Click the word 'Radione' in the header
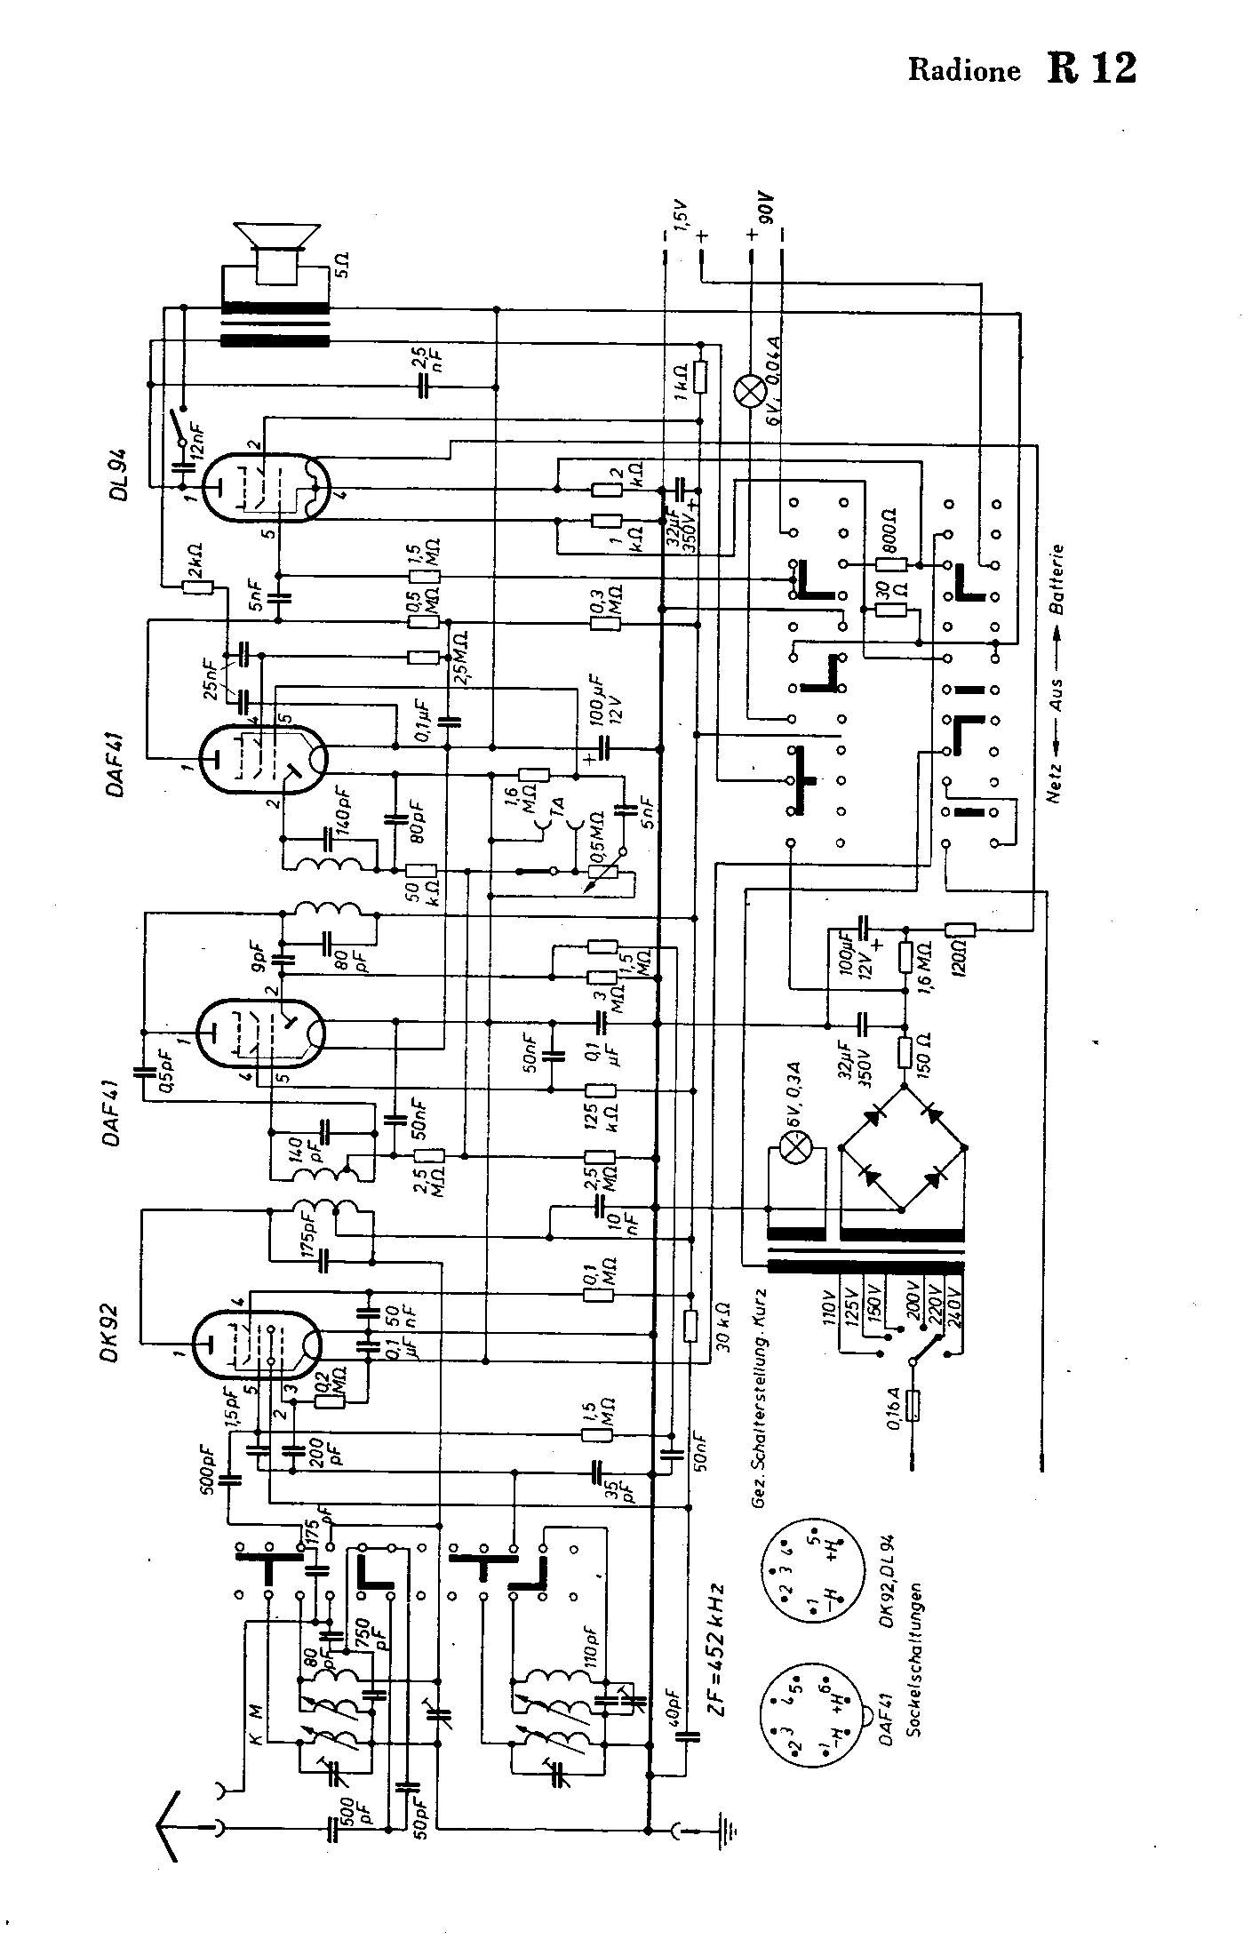tap(964, 71)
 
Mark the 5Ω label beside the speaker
tap(341, 261)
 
